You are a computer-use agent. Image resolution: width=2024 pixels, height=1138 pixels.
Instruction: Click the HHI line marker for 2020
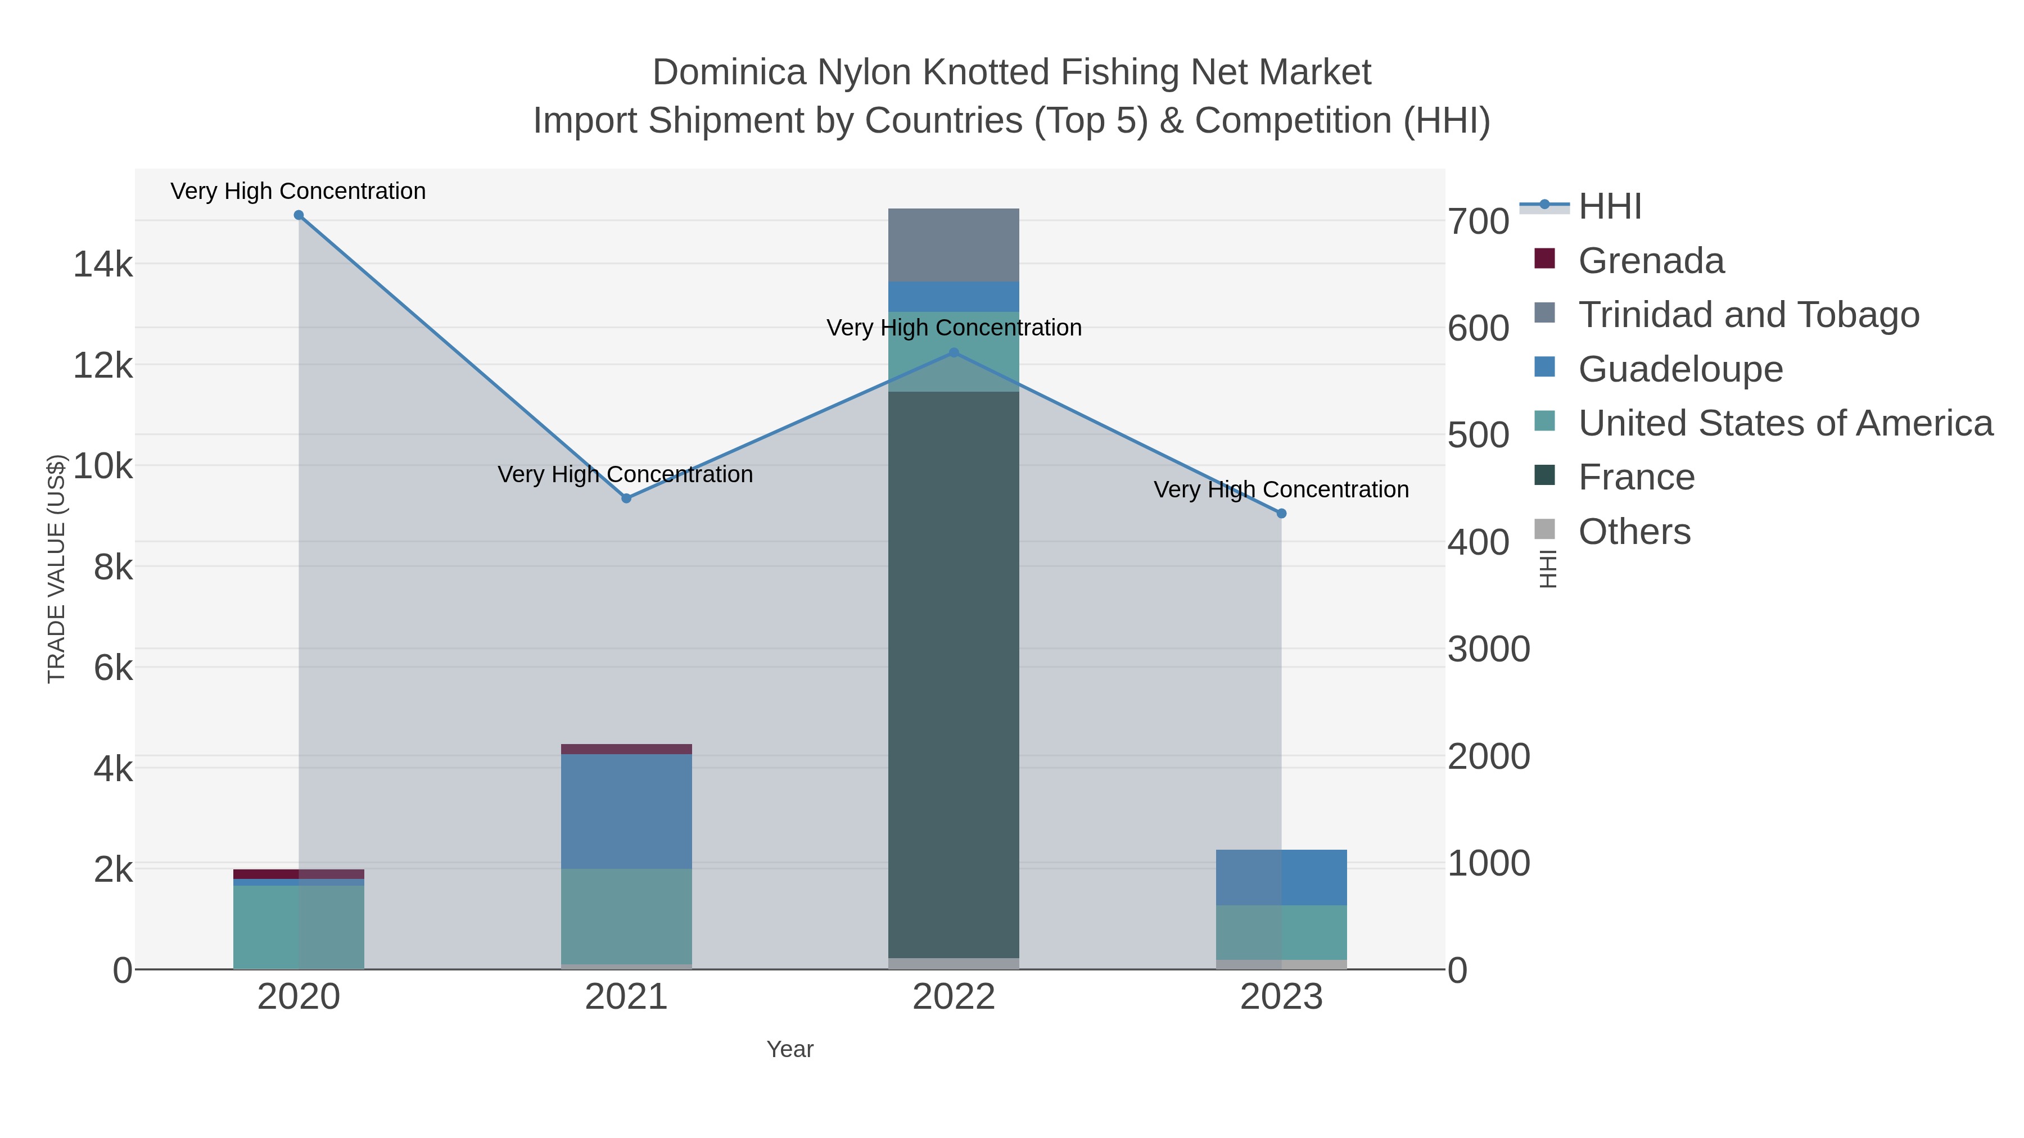(299, 215)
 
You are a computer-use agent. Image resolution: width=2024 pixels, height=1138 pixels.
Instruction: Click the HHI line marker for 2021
(626, 498)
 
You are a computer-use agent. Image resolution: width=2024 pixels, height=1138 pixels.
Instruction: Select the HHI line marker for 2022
(954, 352)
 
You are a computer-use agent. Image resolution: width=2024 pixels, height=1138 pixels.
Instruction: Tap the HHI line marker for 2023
(1281, 514)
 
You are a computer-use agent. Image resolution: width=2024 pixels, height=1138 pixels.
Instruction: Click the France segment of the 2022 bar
(954, 675)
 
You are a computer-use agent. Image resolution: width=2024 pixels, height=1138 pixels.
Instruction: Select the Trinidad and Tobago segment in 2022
(954, 245)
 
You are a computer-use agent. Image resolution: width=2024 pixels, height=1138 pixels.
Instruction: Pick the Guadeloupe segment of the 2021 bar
(626, 811)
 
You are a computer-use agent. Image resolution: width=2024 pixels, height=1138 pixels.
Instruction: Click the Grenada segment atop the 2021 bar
(626, 749)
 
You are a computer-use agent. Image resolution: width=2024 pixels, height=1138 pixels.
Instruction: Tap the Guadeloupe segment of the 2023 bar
(1281, 877)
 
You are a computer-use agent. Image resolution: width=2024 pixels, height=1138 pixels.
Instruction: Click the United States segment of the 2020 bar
(299, 927)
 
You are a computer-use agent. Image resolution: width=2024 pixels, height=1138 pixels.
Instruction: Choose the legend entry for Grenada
(1650, 261)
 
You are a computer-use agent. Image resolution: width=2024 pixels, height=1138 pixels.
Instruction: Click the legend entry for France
(1636, 478)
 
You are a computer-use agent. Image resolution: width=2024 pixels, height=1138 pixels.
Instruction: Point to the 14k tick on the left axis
(103, 265)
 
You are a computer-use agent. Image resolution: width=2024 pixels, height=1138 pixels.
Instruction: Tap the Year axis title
(790, 1049)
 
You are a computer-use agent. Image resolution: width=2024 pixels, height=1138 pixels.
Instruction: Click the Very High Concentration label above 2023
(1281, 490)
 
